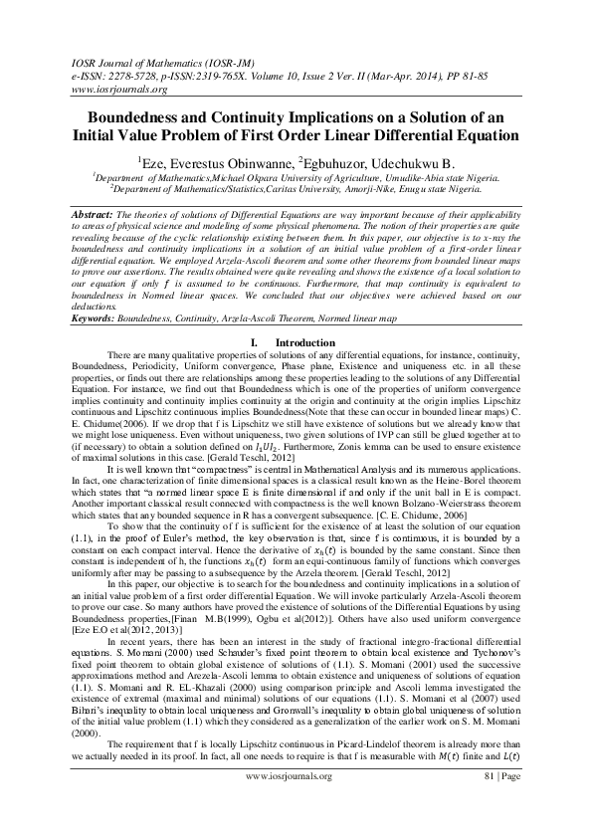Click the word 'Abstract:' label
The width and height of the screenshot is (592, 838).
(98, 214)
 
